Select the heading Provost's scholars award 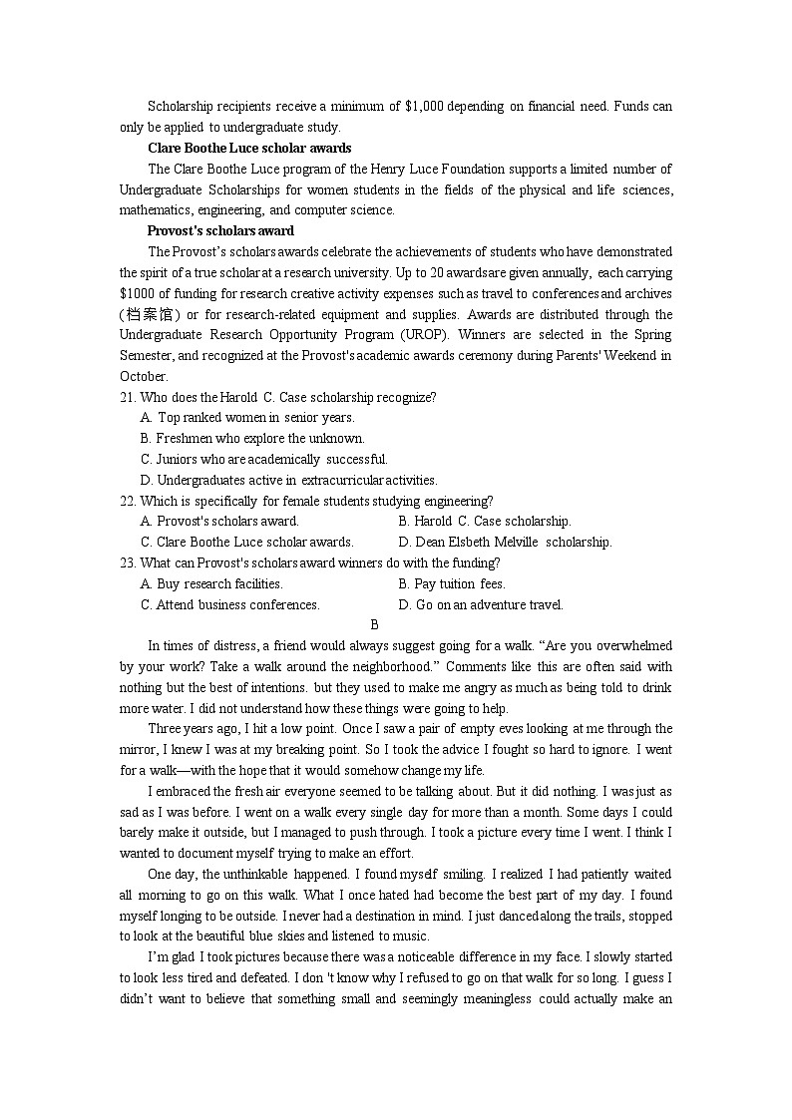click(x=220, y=230)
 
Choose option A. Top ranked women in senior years click(x=247, y=418)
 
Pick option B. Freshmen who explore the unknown click(x=252, y=439)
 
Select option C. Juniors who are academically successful click(x=264, y=460)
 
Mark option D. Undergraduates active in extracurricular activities click(x=289, y=481)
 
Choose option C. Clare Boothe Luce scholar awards click(x=247, y=543)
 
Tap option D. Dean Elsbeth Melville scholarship click(x=505, y=543)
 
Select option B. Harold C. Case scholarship click(x=485, y=522)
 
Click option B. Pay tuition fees click(x=452, y=584)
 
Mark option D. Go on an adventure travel click(x=481, y=604)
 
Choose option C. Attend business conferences click(x=230, y=604)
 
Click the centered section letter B click(x=374, y=625)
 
